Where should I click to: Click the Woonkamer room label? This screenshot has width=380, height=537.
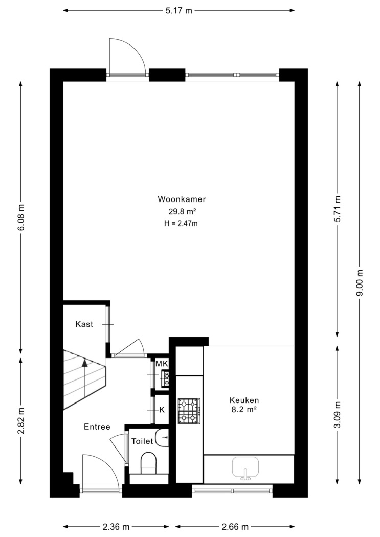coord(182,199)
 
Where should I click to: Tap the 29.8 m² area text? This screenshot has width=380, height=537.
coord(182,211)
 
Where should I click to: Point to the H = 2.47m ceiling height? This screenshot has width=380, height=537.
coord(181,223)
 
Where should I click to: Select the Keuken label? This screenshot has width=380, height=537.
coord(244,400)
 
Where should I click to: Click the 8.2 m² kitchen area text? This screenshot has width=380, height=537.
coord(244,410)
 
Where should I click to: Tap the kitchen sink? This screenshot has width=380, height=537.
coord(245,468)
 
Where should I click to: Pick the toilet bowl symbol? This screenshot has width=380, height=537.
coord(149,463)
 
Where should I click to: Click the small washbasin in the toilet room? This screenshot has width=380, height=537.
coord(162,437)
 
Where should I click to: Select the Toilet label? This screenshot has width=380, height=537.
coord(142,441)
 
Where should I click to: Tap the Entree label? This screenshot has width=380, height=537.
coord(97,427)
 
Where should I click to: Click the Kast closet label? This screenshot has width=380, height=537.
coord(84,324)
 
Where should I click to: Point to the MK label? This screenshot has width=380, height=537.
coord(162,364)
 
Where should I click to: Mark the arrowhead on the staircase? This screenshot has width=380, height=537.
coord(84,363)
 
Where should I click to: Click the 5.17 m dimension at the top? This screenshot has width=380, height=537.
coord(179,11)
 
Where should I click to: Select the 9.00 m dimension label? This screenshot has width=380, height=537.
coord(360,282)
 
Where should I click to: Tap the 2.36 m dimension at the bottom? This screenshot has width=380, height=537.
coord(116,527)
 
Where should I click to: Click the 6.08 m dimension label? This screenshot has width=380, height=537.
coord(21,218)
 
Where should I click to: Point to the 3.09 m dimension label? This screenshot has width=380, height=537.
coord(338,414)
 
